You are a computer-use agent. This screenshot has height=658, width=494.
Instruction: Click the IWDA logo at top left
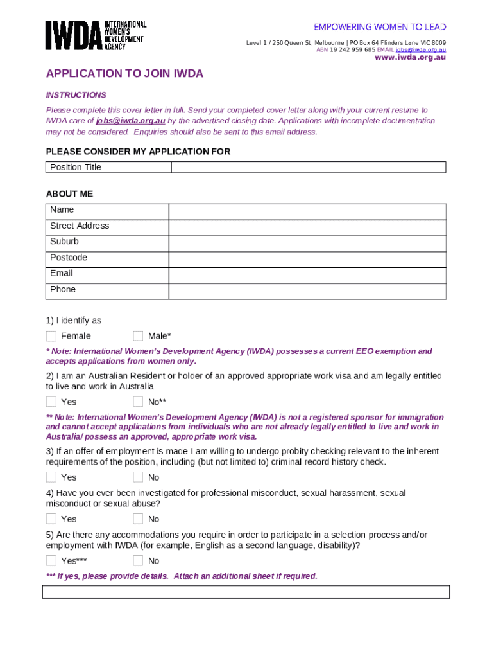[96, 35]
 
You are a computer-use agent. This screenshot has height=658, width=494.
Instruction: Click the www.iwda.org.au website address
[410, 57]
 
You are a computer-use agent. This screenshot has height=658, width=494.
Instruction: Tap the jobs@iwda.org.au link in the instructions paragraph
[130, 121]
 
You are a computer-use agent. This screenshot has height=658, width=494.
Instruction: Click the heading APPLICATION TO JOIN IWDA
[124, 74]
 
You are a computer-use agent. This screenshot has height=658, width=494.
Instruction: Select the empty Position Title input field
[308, 167]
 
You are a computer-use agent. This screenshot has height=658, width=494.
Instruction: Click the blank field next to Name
[307, 212]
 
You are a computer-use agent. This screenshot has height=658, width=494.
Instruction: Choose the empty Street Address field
[307, 228]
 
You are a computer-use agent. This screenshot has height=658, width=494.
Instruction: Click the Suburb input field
[307, 244]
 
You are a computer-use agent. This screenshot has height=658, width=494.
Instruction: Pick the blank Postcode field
[307, 260]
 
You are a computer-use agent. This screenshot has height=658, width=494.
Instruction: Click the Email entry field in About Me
[307, 276]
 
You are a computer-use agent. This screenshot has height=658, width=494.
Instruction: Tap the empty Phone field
[307, 292]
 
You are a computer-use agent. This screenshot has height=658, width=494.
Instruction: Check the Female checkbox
[51, 336]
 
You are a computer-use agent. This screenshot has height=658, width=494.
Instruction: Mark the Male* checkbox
[138, 336]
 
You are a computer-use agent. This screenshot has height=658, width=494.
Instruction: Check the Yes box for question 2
[51, 402]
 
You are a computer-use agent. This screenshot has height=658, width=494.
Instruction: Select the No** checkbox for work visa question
[138, 402]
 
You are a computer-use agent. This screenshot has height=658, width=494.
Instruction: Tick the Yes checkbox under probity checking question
[51, 477]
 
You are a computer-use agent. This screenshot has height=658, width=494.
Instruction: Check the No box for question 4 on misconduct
[138, 519]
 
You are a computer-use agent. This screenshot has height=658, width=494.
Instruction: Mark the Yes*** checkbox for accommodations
[51, 561]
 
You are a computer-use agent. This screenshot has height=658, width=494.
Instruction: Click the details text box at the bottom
[246, 592]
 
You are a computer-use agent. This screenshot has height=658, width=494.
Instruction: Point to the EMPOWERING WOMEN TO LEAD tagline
[380, 27]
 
